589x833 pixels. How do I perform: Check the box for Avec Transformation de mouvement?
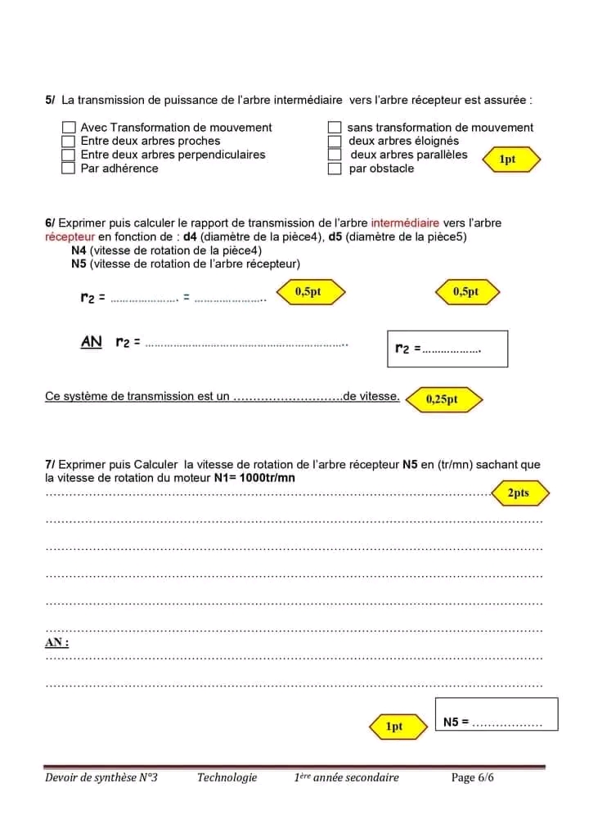[69, 128]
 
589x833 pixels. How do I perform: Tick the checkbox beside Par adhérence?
[69, 169]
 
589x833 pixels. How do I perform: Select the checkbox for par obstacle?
[334, 169]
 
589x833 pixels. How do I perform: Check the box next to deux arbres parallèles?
[334, 155]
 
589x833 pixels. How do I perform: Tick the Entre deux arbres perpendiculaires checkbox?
[69, 155]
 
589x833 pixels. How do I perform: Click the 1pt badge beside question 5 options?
[508, 160]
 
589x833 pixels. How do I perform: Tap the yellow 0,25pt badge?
[443, 400]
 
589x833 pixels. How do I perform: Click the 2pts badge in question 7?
[519, 493]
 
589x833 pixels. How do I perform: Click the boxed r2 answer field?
[447, 349]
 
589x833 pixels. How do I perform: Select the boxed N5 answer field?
[497, 714]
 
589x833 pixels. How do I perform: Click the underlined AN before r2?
[92, 342]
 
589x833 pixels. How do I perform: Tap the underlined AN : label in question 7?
[56, 643]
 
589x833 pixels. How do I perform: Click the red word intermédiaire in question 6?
[405, 223]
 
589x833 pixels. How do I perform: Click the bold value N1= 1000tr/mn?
[254, 478]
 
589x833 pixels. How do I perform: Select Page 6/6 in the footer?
[472, 777]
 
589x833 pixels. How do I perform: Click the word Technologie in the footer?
[227, 777]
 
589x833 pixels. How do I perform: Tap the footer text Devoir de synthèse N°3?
[101, 777]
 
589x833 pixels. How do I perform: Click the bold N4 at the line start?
[79, 250]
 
